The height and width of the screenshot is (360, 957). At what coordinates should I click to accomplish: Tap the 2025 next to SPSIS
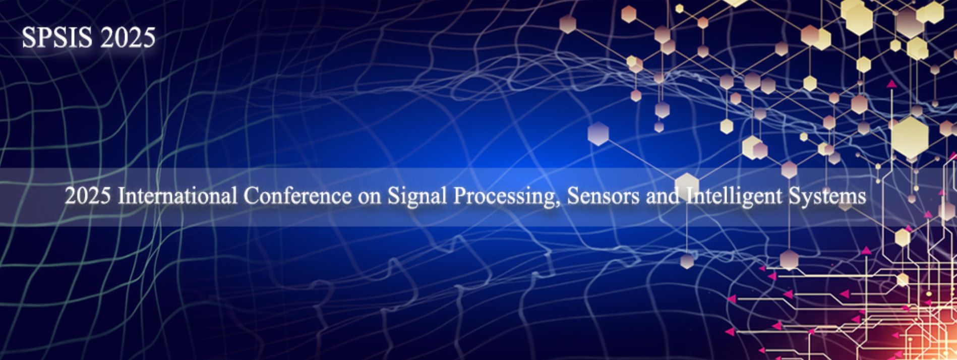click(x=128, y=37)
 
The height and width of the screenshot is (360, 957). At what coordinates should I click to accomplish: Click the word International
click(x=177, y=196)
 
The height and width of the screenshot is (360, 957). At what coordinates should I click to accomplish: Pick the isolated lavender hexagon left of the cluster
click(x=598, y=134)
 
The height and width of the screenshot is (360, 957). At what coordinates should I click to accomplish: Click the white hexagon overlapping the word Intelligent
click(x=687, y=185)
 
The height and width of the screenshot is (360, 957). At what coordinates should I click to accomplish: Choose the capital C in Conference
click(x=251, y=196)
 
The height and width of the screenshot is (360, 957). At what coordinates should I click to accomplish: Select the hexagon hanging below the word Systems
click(x=789, y=259)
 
